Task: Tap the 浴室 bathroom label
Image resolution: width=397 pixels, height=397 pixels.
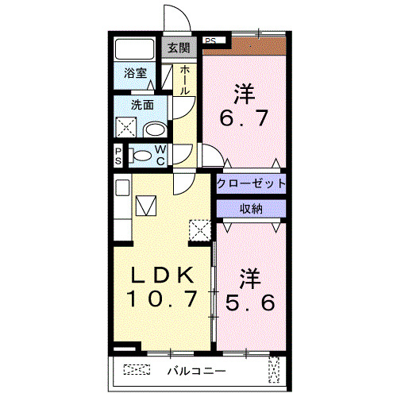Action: pos(136,74)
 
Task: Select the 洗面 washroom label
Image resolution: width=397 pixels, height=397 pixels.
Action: pos(142,104)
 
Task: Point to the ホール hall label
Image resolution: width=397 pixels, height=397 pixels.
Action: pos(184,80)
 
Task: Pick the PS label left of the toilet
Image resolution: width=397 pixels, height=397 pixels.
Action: pos(118,155)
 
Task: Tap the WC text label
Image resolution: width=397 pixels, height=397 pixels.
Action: pos(160,155)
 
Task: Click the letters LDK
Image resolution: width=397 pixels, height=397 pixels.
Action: pos(160,276)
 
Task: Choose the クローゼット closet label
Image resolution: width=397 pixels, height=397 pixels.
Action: pos(251,183)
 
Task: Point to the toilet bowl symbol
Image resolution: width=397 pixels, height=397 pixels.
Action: pos(141,156)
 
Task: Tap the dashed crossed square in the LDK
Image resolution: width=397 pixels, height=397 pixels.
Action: pos(199,229)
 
